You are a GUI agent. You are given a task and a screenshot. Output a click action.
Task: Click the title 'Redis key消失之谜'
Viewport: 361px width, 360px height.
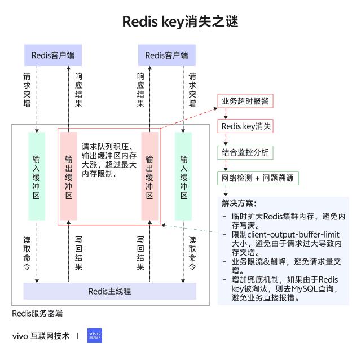(180, 22)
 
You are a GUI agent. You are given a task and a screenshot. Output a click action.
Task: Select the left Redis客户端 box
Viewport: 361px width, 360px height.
(53, 55)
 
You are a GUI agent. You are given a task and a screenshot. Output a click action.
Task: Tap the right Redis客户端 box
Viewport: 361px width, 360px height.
(166, 55)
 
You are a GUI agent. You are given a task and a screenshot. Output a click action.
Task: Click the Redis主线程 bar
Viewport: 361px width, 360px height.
(109, 291)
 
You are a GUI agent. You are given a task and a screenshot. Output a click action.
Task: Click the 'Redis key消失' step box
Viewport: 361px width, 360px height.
(245, 126)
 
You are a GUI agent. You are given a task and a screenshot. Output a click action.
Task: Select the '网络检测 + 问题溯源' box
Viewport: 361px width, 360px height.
(258, 178)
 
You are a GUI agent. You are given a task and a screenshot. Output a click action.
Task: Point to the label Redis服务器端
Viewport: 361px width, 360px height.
(37, 313)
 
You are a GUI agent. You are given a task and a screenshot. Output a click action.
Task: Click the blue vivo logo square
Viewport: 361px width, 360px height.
(95, 336)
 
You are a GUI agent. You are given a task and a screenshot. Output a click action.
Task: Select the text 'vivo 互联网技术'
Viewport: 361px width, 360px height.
(41, 336)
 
